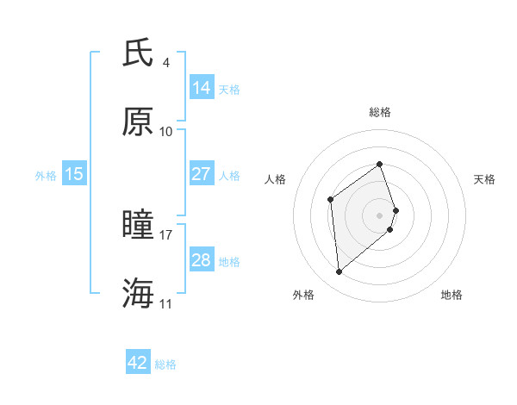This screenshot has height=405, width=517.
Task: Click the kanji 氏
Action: pyautogui.click(x=139, y=53)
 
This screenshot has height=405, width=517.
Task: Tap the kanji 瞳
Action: pyautogui.click(x=139, y=225)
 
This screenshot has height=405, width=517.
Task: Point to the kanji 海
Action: pyautogui.click(x=139, y=293)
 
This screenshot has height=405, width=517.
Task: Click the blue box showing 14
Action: pyautogui.click(x=202, y=87)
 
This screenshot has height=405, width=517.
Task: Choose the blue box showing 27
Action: pyautogui.click(x=202, y=173)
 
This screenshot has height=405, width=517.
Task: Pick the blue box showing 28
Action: pyautogui.click(x=202, y=259)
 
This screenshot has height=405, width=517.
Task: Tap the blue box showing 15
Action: pyautogui.click(x=74, y=174)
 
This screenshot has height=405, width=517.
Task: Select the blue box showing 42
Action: pyautogui.click(x=138, y=363)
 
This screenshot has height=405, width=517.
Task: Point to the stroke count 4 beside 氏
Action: pyautogui.click(x=166, y=63)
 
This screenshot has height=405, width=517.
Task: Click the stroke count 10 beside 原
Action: pyautogui.click(x=166, y=131)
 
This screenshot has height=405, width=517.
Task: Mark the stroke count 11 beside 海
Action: pyautogui.click(x=166, y=303)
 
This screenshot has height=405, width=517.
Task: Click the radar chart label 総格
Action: pyautogui.click(x=380, y=112)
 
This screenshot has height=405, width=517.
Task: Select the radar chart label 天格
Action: pyautogui.click(x=484, y=179)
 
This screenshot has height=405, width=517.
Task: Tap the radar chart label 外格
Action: pyautogui.click(x=303, y=295)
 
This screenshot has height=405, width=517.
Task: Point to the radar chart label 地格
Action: pyautogui.click(x=452, y=295)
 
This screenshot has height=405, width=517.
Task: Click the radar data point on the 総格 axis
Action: pyautogui.click(x=380, y=164)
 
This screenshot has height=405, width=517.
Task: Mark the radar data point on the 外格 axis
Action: pyautogui.click(x=339, y=272)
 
